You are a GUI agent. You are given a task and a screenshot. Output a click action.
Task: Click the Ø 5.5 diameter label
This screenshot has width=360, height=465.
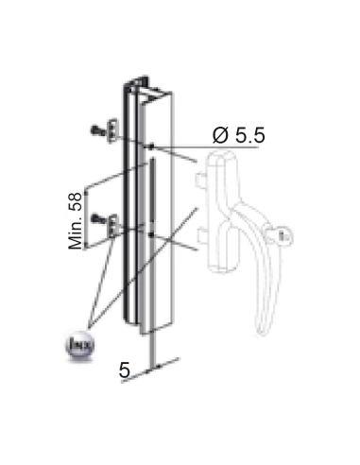coord(237,136)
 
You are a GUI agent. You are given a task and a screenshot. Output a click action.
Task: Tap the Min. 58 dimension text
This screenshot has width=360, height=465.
coord(76,218)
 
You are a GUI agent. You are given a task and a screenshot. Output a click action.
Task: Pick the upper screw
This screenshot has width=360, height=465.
coord(98,129)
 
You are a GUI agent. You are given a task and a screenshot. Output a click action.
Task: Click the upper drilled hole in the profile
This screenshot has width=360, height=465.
coord(150,146)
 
